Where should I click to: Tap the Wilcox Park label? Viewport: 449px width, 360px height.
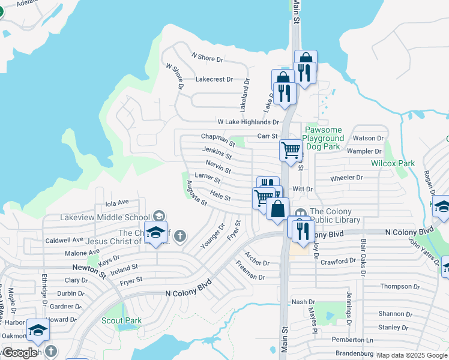coord(393,163)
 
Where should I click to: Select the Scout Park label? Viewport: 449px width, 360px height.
coord(121,320)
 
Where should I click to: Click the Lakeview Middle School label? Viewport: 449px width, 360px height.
coord(104,217)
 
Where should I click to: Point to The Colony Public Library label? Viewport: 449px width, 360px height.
coord(334,216)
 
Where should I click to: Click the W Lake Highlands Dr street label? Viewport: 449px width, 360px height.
coord(248,122)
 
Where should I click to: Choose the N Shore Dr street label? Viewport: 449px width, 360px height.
coord(207,58)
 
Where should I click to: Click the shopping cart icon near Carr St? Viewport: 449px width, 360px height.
coord(291,149)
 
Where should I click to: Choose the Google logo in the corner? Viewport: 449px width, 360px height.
coord(20,353)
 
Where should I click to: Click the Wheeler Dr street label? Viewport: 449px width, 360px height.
coord(347,178)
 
